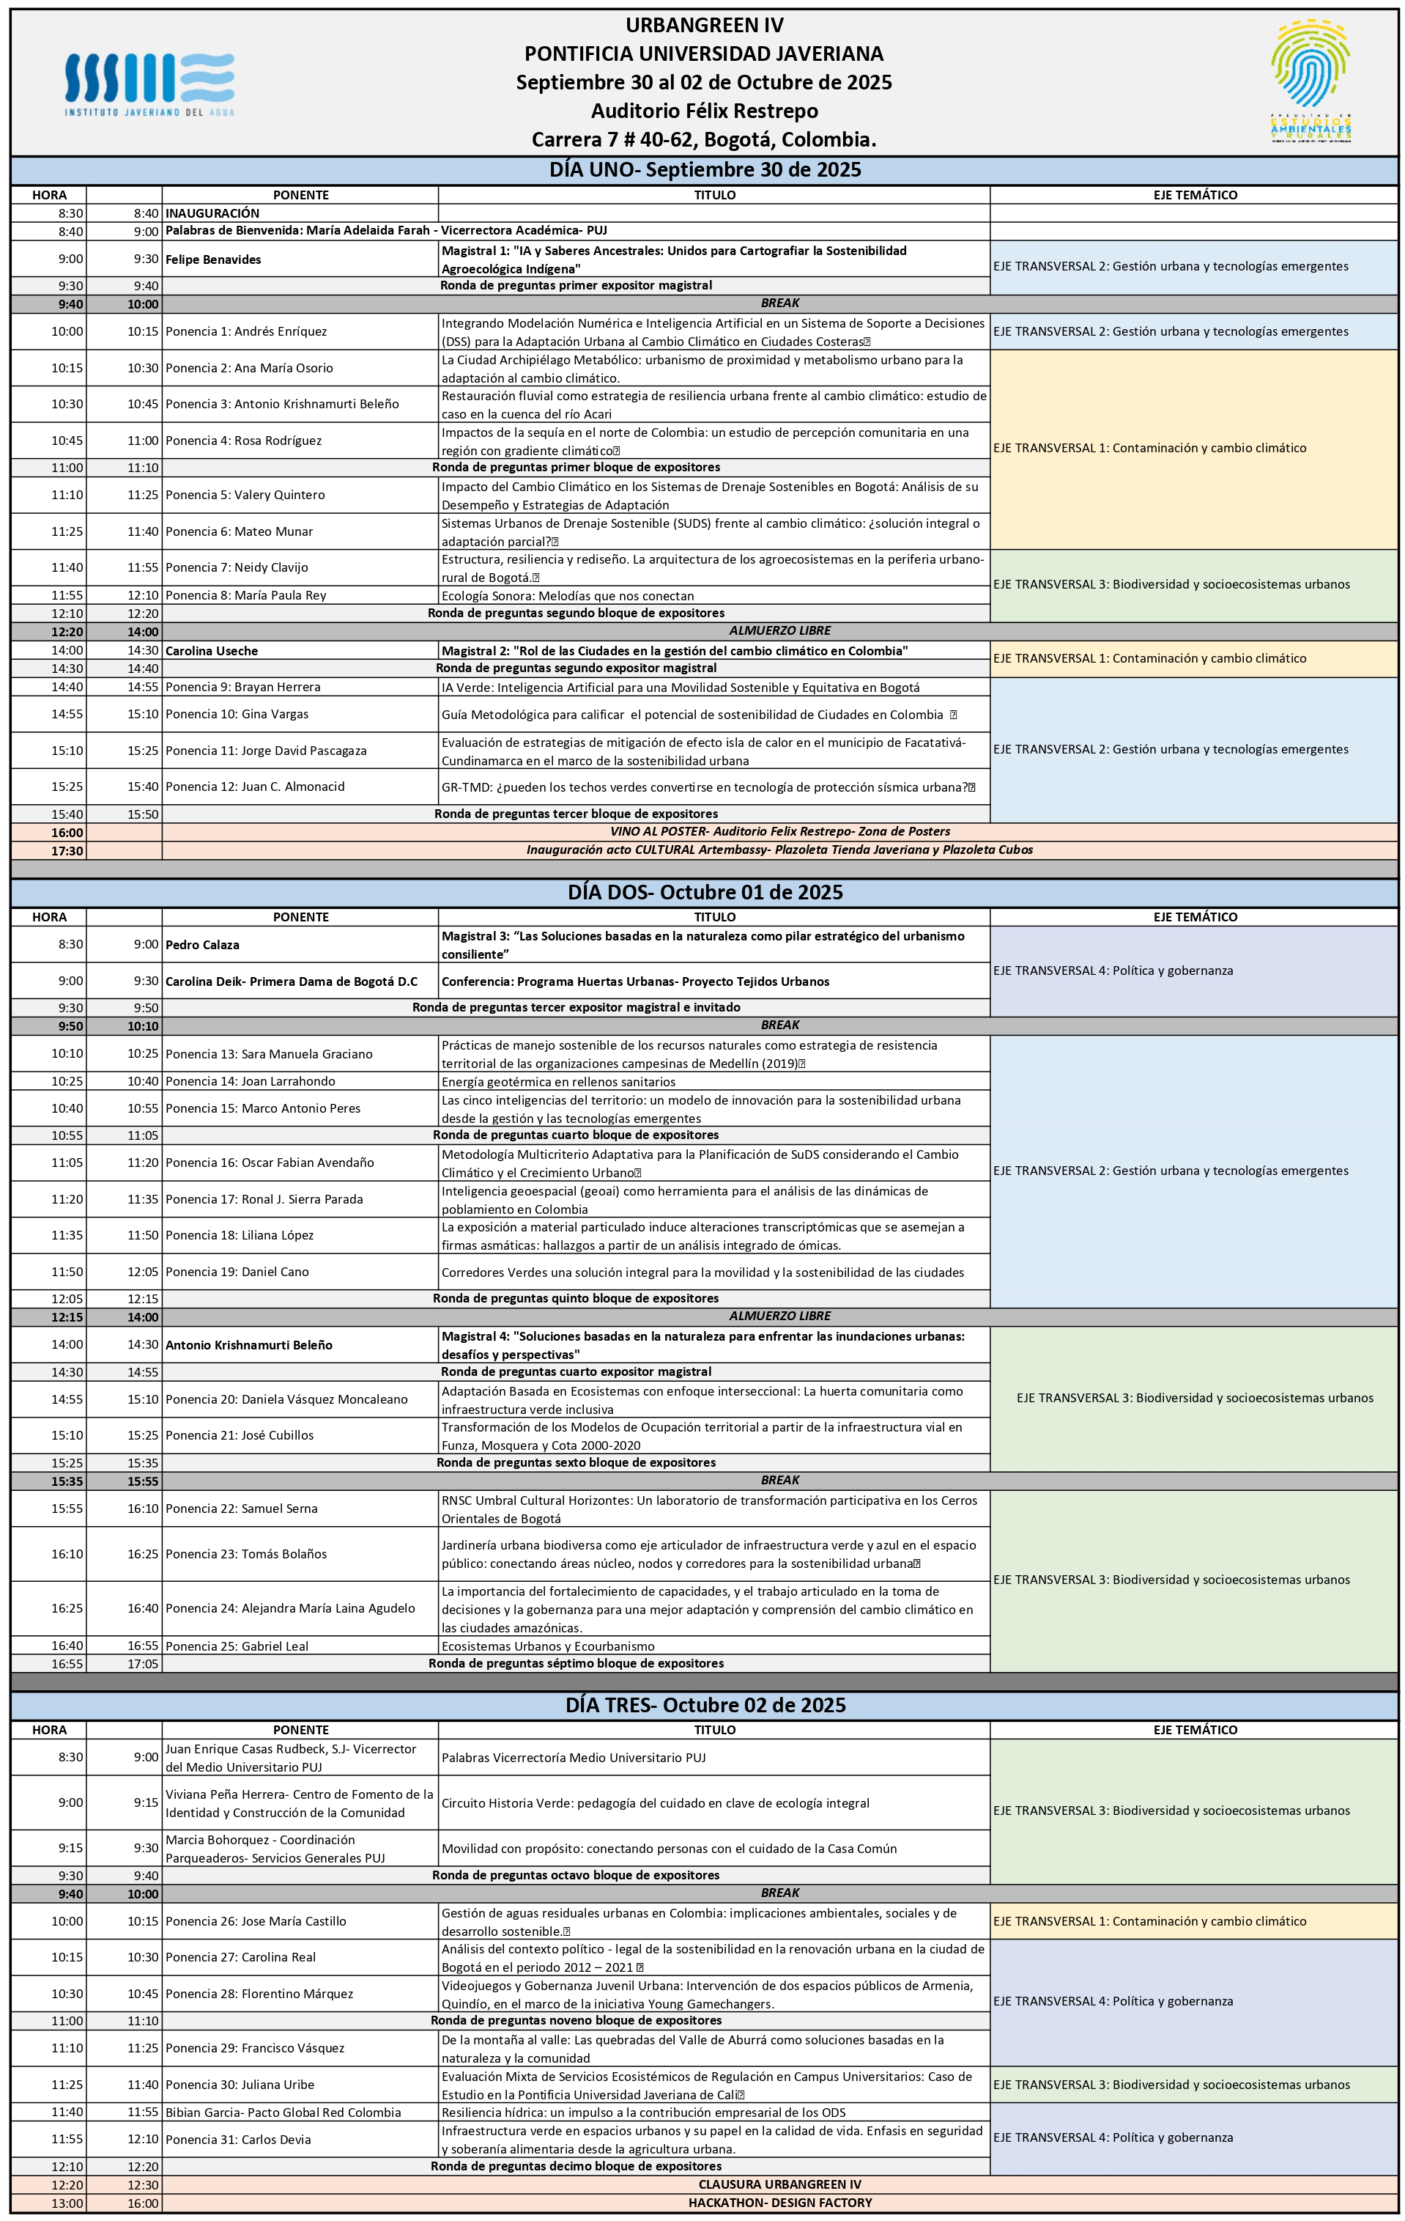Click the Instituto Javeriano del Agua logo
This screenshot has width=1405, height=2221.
pos(149,83)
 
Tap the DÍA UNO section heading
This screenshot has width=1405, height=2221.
pos(705,170)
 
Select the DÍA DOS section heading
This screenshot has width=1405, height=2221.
pos(705,892)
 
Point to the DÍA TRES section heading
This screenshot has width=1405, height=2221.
pos(705,1704)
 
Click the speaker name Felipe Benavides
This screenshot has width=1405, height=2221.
pos(213,259)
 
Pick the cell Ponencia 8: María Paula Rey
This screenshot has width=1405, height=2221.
pos(246,595)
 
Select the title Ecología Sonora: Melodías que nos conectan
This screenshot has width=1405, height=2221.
pos(568,596)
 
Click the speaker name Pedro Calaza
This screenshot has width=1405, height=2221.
pos(202,945)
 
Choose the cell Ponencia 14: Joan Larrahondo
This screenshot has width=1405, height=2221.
pos(250,1081)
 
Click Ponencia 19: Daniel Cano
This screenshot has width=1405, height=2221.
pos(237,1272)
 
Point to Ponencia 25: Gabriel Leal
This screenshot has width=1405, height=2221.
pos(237,1646)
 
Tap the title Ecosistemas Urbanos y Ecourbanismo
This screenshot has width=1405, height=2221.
pos(548,1646)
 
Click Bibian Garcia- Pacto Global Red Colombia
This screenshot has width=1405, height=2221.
pos(283,2113)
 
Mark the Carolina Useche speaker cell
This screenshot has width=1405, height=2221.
pos(211,650)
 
